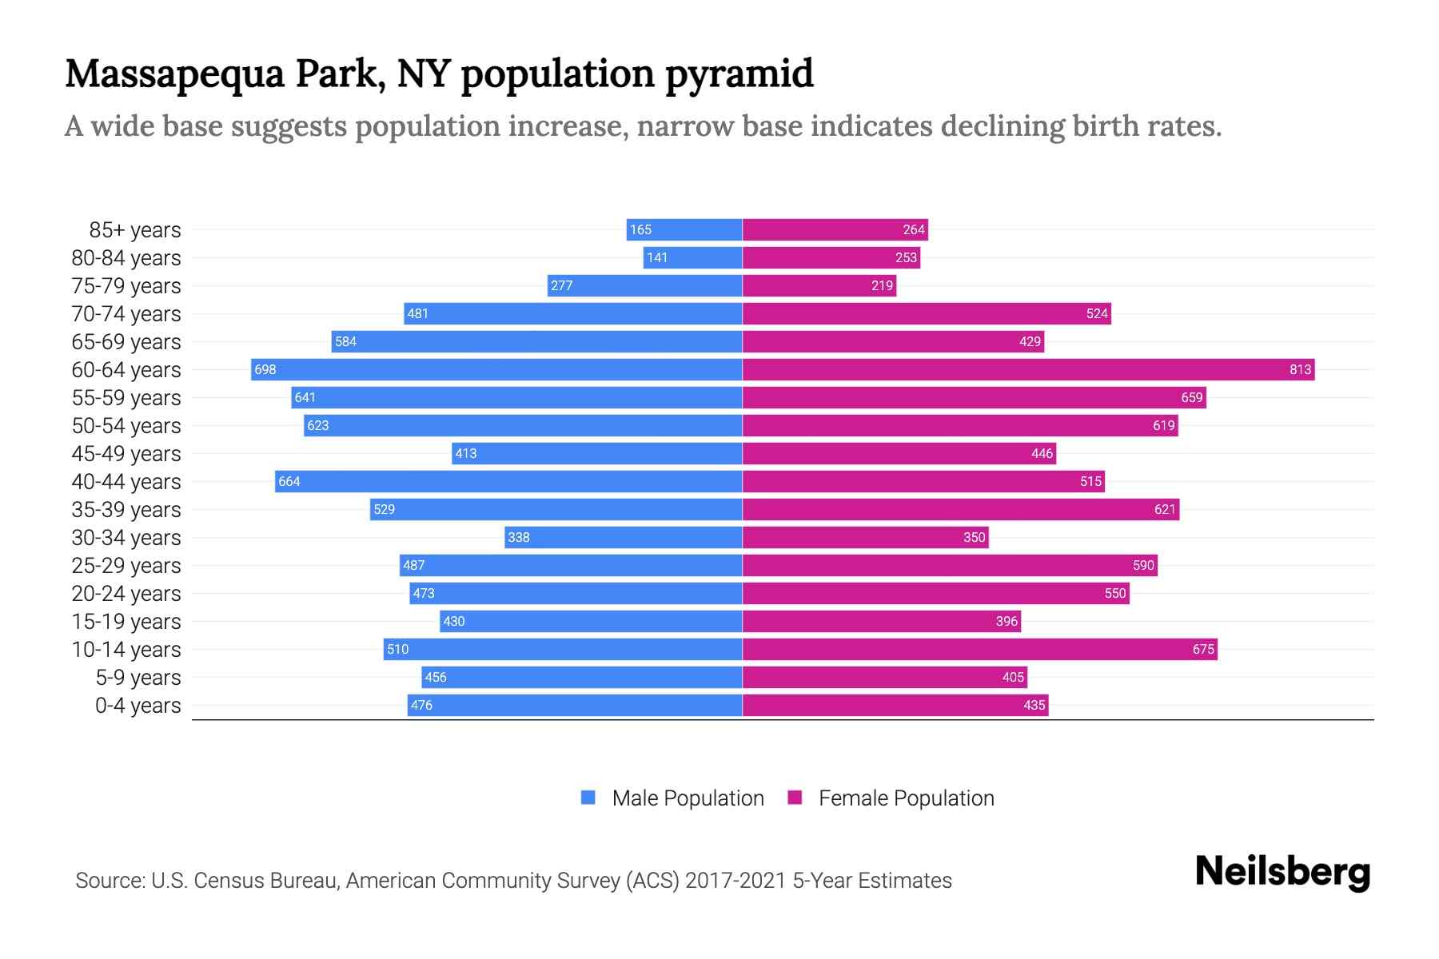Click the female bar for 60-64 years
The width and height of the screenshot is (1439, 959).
(x=1028, y=369)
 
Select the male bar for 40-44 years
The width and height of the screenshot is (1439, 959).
(x=508, y=481)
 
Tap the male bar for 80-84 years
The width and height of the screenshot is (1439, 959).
(x=692, y=257)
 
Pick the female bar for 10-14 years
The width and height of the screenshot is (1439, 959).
(x=979, y=649)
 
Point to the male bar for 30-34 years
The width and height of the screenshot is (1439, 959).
(x=624, y=537)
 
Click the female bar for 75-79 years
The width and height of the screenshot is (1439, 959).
(x=819, y=285)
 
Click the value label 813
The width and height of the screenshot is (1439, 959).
(x=1300, y=369)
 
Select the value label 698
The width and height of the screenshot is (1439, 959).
(x=265, y=369)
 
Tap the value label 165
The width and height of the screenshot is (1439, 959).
(x=640, y=229)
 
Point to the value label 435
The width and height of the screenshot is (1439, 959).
(x=1034, y=705)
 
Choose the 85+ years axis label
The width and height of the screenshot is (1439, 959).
(x=135, y=230)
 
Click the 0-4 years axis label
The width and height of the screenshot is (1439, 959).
(x=138, y=706)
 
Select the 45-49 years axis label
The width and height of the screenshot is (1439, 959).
(x=126, y=454)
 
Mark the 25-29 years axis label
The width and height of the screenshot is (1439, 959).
(x=126, y=566)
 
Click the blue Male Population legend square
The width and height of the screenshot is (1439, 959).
(x=588, y=798)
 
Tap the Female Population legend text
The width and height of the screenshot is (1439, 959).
(x=906, y=798)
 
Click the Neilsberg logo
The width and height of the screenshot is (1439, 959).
(x=1282, y=872)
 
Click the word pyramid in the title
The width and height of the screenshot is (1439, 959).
(x=739, y=74)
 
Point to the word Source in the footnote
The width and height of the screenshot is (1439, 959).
(x=110, y=881)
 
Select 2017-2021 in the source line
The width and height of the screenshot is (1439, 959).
(x=735, y=881)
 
